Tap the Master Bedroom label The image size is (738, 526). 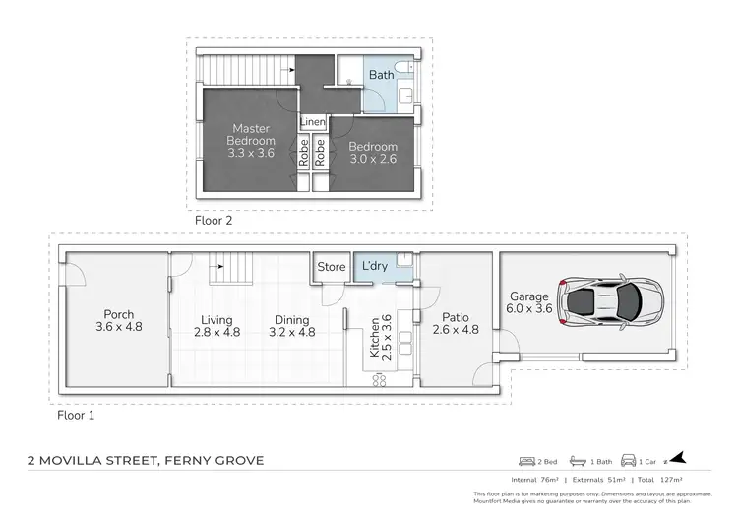[x=251, y=134]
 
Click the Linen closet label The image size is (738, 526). [x=313, y=121]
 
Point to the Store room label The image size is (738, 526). [x=332, y=266]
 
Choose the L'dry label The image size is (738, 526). [x=374, y=266]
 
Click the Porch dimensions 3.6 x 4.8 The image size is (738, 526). [x=119, y=326]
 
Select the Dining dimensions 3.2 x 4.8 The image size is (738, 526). [x=292, y=333]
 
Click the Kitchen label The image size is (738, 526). [x=374, y=334]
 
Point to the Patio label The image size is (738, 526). [x=456, y=317]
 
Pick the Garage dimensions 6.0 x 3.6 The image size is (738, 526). [x=529, y=309]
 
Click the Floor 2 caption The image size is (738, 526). [x=214, y=221]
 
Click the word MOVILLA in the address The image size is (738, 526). [x=115, y=460]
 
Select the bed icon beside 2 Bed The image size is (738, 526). [x=527, y=461]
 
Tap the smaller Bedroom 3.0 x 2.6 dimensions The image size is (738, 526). [x=373, y=160]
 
